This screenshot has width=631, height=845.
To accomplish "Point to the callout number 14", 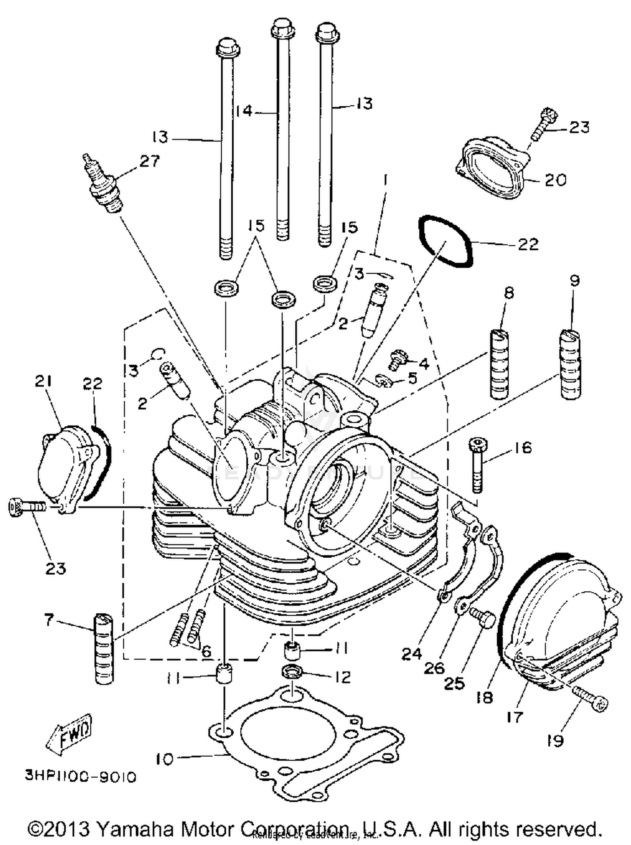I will [x=244, y=111].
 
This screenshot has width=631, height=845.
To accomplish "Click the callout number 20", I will [x=555, y=180].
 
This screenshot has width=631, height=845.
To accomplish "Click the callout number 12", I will [x=343, y=677].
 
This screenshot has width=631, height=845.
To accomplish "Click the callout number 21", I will [x=43, y=382].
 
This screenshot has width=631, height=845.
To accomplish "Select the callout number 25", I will [x=454, y=684].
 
